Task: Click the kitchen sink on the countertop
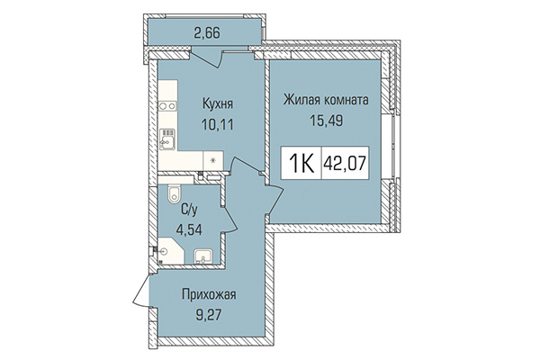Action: click(x=166, y=139)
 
